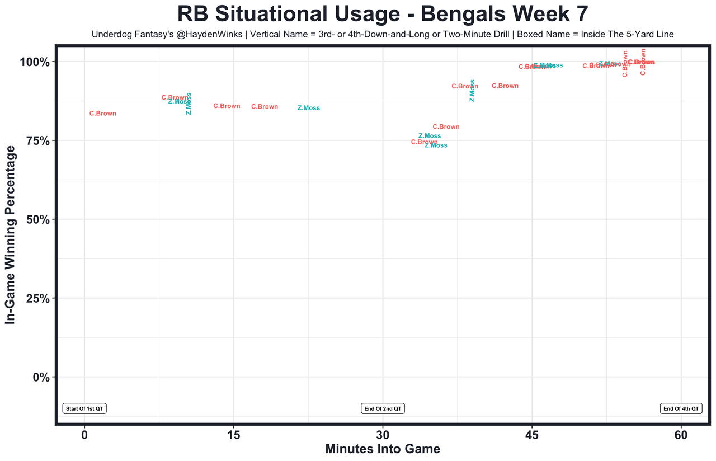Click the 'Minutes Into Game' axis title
383,449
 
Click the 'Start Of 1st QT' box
84,408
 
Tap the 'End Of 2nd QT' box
383,408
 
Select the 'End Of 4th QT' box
681,408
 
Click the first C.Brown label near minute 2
103,114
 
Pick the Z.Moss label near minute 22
309,108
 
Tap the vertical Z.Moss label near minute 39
472,91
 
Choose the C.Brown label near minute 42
505,86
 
